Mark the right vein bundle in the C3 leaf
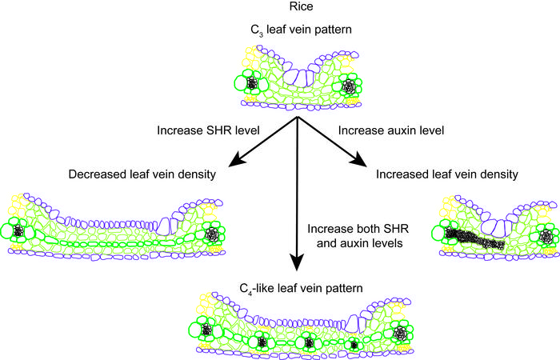(x=349, y=84)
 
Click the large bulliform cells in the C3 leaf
(x=299, y=78)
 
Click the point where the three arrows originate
(x=298, y=117)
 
